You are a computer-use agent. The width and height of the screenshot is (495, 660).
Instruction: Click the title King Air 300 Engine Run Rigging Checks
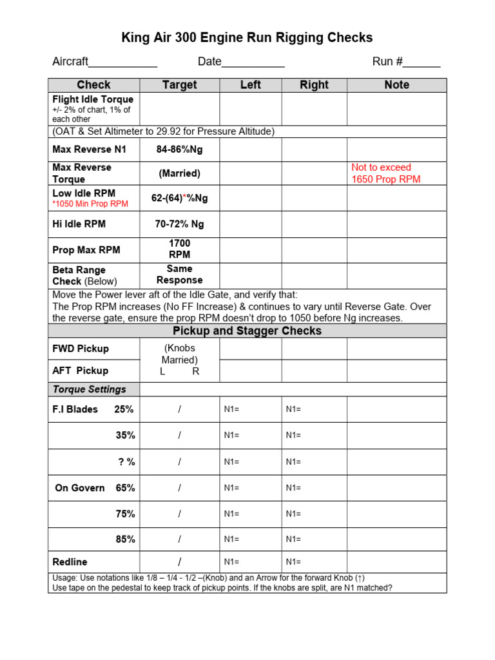247,38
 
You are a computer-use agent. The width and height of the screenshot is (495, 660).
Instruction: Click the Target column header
179,85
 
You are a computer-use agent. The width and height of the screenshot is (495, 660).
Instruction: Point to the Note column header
396,85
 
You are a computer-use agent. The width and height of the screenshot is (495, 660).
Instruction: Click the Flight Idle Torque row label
93,100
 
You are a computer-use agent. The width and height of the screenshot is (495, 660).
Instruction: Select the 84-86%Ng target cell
179,150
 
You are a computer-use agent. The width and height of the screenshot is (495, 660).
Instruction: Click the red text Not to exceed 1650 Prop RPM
385,173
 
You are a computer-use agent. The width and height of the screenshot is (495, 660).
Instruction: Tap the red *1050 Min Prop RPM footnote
90,204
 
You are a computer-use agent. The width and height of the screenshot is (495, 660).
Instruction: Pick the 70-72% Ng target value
179,224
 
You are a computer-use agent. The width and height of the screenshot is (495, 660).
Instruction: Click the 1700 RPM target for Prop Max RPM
179,249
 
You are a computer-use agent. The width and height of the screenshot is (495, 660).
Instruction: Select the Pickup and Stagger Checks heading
247,331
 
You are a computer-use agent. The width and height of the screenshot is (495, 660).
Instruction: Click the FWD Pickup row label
81,349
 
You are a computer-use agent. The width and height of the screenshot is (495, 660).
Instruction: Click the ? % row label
126,461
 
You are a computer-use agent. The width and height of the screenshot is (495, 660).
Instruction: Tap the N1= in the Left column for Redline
231,562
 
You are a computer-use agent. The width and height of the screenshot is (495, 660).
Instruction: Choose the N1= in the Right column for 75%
293,514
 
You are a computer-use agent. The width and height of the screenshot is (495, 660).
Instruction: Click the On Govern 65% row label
95,488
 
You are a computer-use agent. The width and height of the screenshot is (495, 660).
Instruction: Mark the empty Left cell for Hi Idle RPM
251,224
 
